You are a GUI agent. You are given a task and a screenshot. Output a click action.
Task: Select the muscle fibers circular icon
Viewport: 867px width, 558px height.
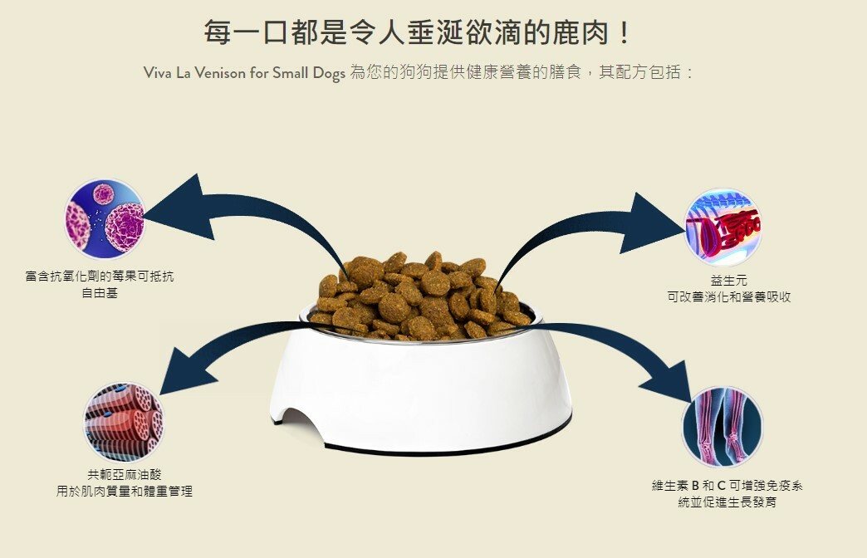tap(124, 423)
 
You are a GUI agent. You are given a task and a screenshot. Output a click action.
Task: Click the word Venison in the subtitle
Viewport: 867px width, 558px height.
tap(213, 73)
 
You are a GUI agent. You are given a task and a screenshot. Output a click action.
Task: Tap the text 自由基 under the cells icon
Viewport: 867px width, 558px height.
tap(100, 293)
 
